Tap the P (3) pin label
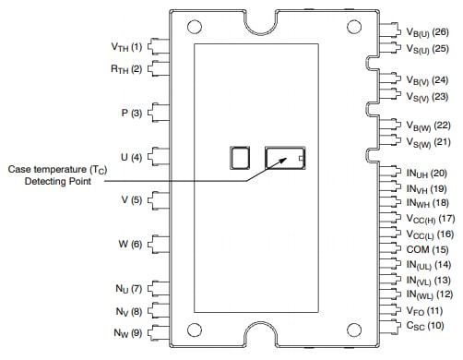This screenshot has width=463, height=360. coord(131,113)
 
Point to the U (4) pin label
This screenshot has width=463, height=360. coord(130,157)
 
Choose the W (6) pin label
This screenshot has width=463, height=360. coord(130,245)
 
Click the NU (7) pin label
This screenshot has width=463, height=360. coord(127,289)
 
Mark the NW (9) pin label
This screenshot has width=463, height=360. coord(127,332)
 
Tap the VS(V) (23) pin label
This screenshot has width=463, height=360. coord(426,96)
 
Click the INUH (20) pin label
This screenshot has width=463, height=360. coord(426,173)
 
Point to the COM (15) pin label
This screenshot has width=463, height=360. coord(426,249)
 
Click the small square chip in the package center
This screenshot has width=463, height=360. coord(241,157)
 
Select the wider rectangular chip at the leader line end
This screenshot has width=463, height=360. coord(286,158)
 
